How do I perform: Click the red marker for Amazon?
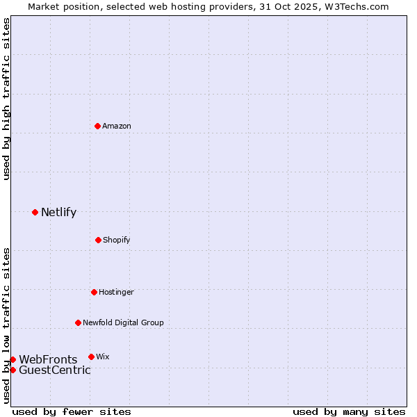(x=98, y=126)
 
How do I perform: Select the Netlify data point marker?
(x=35, y=212)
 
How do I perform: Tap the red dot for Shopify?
(x=98, y=240)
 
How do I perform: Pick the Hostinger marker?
(x=94, y=292)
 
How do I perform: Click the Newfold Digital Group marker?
(x=78, y=322)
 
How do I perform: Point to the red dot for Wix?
(x=91, y=357)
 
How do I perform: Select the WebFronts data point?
(x=13, y=359)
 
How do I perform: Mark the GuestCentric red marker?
(x=13, y=370)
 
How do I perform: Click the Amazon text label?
(x=117, y=126)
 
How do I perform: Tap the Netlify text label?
(x=58, y=212)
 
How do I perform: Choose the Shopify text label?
(x=117, y=240)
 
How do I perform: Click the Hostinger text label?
(x=116, y=292)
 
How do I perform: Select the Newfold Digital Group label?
(x=123, y=322)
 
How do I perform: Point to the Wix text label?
(x=103, y=357)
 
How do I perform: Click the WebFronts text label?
(x=48, y=359)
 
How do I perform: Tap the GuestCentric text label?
(x=55, y=370)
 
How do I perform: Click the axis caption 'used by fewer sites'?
(x=72, y=411)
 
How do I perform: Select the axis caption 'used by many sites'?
(x=349, y=411)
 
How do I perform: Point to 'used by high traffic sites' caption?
(x=6, y=99)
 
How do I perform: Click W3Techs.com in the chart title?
(x=355, y=6)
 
